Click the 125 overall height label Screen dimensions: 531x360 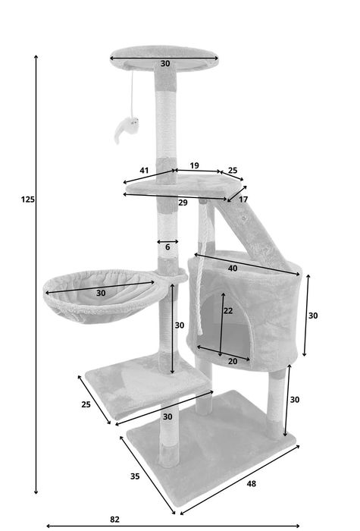click(x=28, y=200)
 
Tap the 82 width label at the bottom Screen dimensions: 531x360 click(x=114, y=520)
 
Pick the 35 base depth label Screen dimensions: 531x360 click(x=134, y=477)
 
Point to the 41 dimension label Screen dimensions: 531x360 click(x=144, y=171)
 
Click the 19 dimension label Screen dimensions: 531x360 click(x=194, y=165)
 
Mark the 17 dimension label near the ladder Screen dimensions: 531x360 click(x=243, y=200)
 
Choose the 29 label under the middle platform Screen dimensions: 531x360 click(x=183, y=203)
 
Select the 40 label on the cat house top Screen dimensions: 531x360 click(x=232, y=268)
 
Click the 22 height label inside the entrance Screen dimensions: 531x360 click(x=227, y=311)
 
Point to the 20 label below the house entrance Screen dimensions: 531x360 click(x=233, y=361)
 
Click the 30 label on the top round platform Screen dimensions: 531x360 click(x=165, y=64)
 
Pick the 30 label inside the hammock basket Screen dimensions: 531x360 click(x=101, y=293)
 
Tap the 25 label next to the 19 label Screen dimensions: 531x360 click(x=233, y=171)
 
